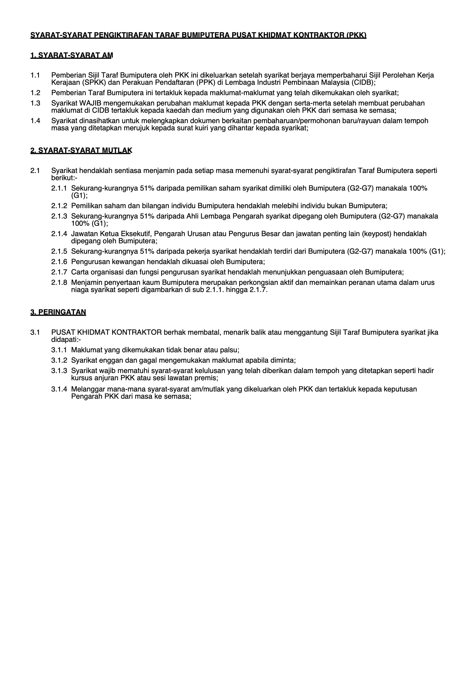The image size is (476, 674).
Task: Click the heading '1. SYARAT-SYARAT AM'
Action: coord(72,55)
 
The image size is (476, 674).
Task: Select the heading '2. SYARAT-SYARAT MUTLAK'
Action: coord(81,150)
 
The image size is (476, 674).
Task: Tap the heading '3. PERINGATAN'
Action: coord(58,312)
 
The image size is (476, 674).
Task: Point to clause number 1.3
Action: coord(35,103)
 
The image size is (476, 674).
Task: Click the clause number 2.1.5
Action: coord(59,251)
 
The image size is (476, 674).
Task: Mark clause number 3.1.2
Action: coord(59,360)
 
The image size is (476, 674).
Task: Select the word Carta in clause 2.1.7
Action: coord(80,272)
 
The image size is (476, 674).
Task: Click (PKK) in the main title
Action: coord(356,35)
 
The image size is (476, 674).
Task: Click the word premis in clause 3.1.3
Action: coord(207,378)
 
